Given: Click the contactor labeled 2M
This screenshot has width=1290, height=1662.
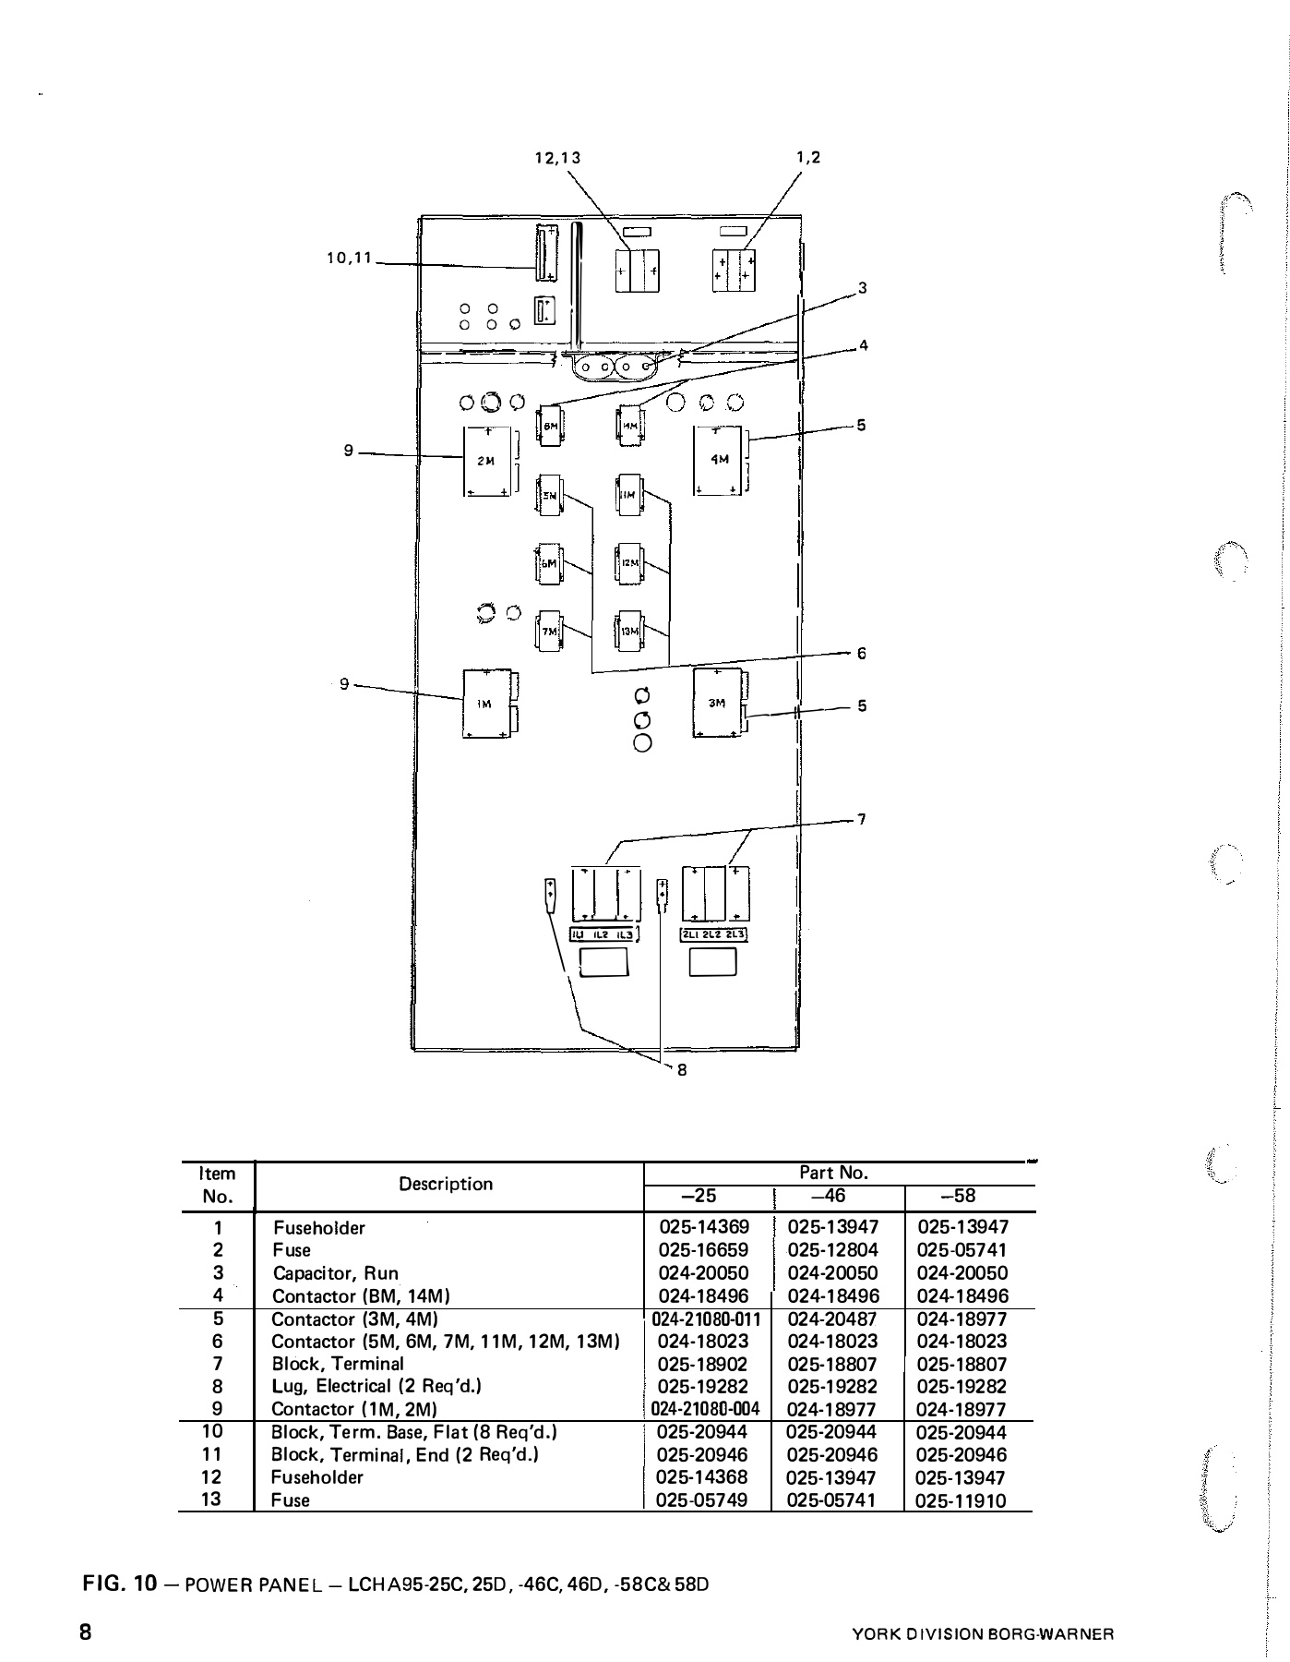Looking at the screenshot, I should click(x=488, y=461).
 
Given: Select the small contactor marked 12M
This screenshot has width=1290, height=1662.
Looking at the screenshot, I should click(x=629, y=563).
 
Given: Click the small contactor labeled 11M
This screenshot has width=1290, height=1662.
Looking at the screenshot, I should click(x=629, y=496).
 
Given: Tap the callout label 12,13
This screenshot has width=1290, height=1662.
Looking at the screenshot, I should click(x=558, y=158).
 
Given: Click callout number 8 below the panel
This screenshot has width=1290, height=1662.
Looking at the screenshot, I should click(x=682, y=1070).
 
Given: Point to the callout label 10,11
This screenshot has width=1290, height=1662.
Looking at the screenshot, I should click(x=348, y=259).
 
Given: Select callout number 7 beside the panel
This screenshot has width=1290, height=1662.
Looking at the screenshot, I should click(x=861, y=818).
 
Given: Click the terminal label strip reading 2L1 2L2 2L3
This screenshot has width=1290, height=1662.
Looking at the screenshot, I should click(x=714, y=934).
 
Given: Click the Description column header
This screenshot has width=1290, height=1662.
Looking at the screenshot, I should click(x=446, y=1185).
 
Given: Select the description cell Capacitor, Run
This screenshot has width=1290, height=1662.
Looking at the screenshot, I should click(x=335, y=1273).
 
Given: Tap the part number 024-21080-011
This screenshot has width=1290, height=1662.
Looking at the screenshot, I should click(x=706, y=1319).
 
